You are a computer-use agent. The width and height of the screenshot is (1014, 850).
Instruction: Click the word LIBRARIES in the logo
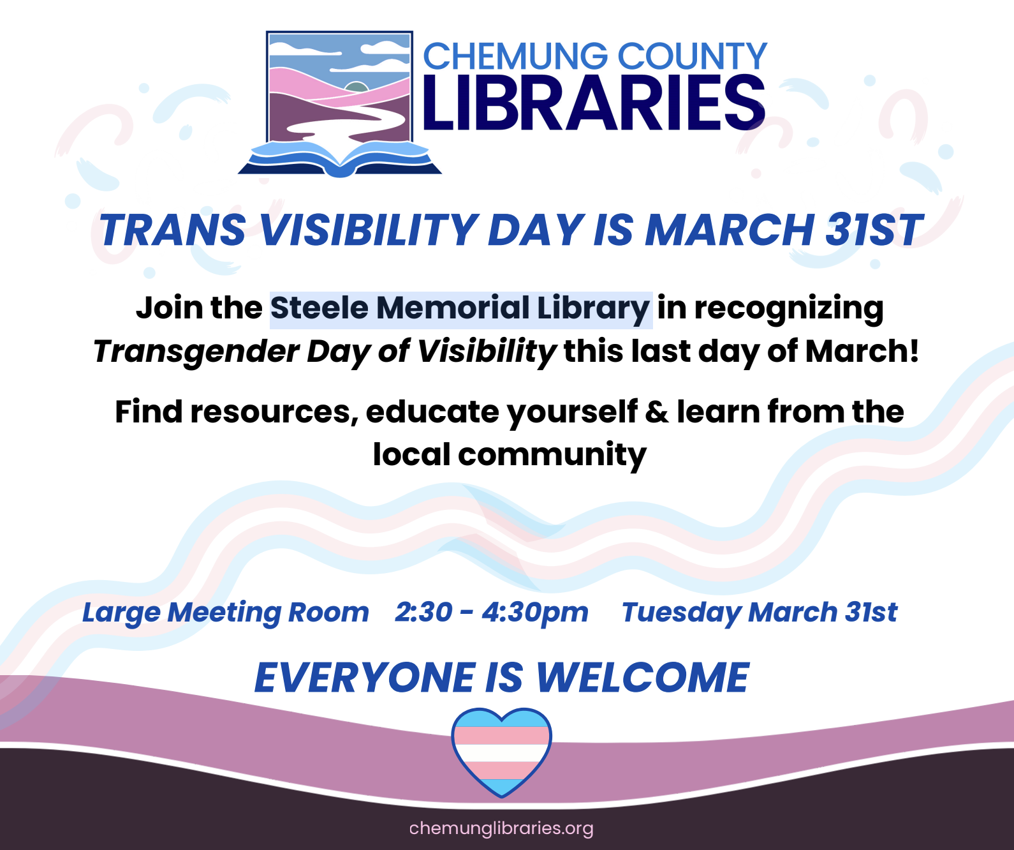click(593, 103)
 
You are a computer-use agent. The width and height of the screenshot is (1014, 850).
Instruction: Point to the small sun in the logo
click(356, 87)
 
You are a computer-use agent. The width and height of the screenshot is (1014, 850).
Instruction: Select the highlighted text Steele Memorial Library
click(460, 309)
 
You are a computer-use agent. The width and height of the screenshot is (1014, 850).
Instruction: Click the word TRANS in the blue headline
click(173, 230)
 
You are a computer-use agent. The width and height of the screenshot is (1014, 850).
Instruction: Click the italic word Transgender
click(196, 352)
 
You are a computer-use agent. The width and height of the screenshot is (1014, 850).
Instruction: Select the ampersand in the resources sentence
click(657, 412)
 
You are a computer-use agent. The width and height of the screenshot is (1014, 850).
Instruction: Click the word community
click(552, 456)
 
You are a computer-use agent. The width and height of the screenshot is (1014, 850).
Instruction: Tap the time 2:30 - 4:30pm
click(492, 612)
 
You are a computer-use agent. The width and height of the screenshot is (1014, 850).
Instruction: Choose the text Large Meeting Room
click(226, 613)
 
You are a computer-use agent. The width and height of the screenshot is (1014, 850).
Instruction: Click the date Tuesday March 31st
click(760, 612)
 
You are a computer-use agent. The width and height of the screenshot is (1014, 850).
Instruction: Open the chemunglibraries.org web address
click(501, 828)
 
